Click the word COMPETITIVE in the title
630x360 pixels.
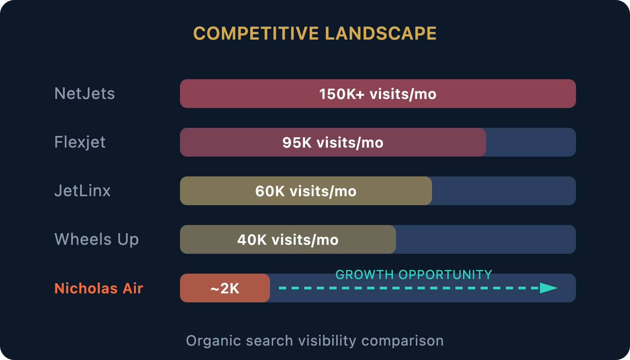click(x=256, y=33)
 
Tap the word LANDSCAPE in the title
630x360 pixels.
click(x=381, y=33)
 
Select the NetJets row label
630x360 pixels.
click(x=85, y=94)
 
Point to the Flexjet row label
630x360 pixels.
click(x=80, y=142)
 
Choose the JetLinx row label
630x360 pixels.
click(x=82, y=191)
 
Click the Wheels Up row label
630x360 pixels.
click(x=96, y=239)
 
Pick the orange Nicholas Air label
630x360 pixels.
click(x=99, y=288)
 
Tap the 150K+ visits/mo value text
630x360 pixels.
click(x=378, y=94)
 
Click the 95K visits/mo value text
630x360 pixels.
click(x=333, y=143)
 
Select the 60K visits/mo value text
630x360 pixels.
click(x=306, y=191)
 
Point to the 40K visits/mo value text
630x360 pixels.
click(x=288, y=240)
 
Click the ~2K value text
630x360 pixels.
click(x=225, y=288)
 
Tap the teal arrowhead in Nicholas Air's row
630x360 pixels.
click(x=549, y=288)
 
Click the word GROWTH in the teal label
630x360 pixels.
click(x=364, y=275)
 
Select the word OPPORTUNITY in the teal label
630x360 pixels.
click(x=445, y=275)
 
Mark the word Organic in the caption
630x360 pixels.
click(x=213, y=341)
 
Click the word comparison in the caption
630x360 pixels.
click(x=402, y=341)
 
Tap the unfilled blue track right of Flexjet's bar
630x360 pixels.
click(x=531, y=142)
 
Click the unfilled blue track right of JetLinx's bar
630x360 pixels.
click(x=504, y=191)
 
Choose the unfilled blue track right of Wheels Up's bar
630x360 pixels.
click(x=486, y=239)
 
